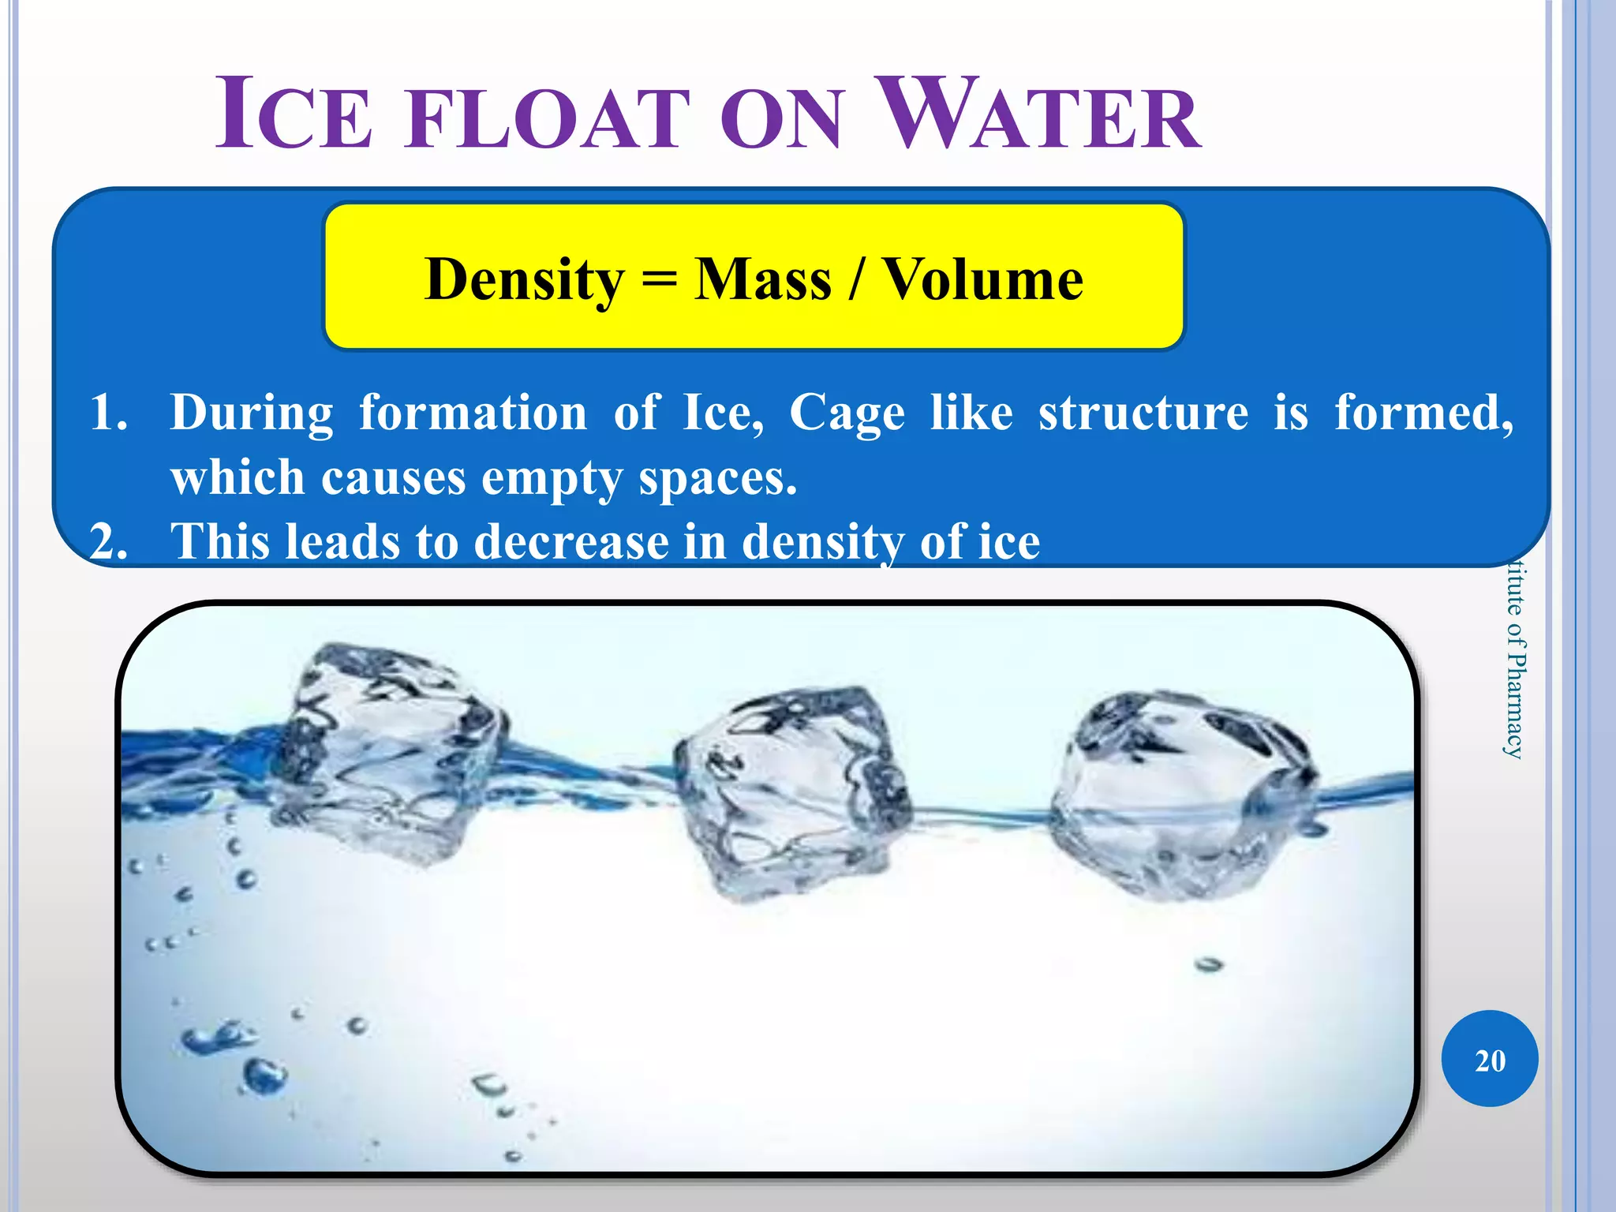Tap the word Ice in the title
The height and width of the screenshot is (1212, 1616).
pos(294,117)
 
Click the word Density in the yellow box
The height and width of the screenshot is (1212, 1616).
pos(524,280)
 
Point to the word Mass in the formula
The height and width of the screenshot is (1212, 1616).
pos(762,280)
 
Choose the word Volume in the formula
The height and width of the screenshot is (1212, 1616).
pos(982,280)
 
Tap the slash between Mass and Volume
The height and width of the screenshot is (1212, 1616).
pos(855,280)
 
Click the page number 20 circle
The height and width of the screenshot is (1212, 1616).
pos(1490,1059)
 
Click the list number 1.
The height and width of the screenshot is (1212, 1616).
pos(108,413)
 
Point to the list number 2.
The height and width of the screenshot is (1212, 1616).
pos(108,542)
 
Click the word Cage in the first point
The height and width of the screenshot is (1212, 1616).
pos(847,413)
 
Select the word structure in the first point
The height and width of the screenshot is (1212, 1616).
pos(1143,413)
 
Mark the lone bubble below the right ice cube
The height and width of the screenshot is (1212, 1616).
pos(1208,964)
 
